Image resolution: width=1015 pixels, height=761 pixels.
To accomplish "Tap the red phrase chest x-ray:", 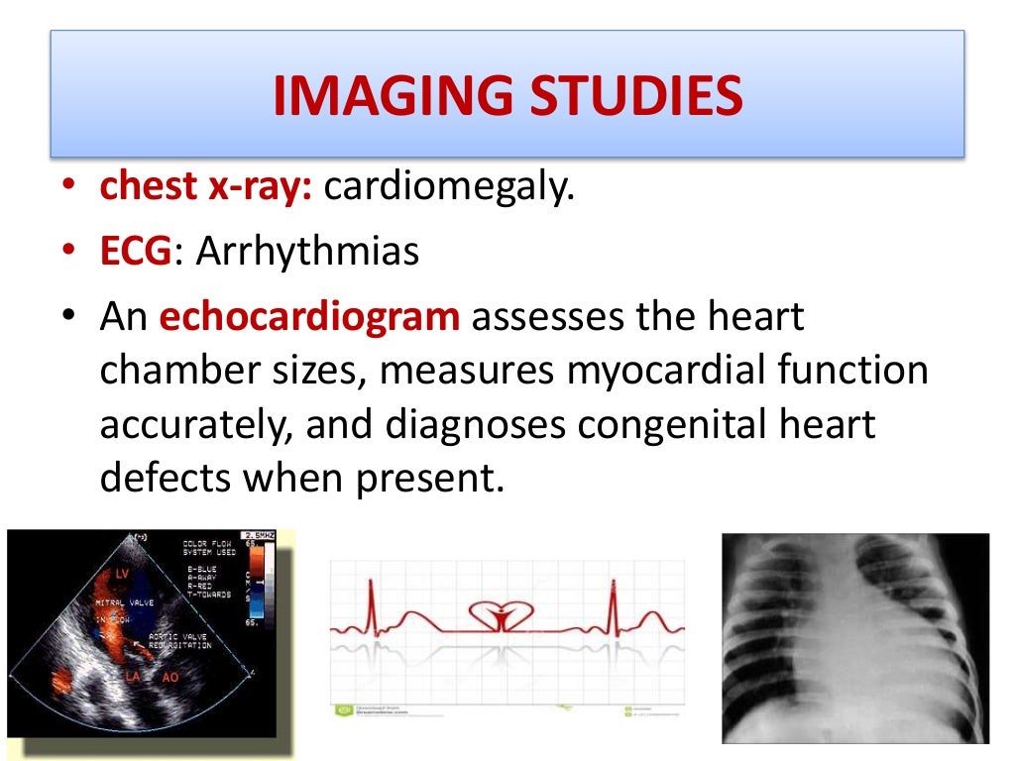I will pos(206,186).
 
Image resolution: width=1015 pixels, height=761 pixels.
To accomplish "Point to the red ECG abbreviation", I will pos(136,252).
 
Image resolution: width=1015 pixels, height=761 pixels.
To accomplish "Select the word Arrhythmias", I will pos(307,252).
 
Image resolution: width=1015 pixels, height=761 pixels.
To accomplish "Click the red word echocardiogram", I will pos(309,318).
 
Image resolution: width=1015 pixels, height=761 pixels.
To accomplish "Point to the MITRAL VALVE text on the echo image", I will pos(122,602).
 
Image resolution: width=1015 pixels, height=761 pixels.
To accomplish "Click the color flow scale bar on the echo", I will pos(256,584).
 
